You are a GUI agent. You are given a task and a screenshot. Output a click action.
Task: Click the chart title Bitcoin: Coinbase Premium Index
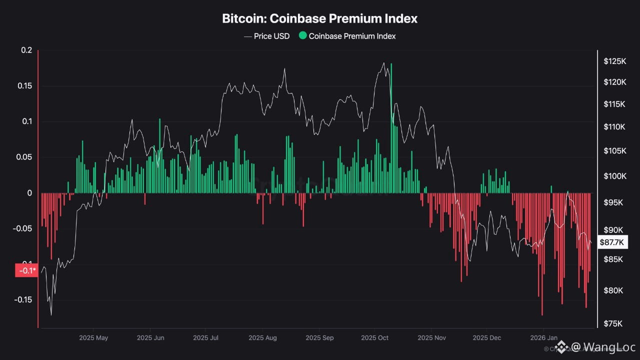coord(319,19)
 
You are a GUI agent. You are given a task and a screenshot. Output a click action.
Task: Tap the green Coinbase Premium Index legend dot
coord(302,36)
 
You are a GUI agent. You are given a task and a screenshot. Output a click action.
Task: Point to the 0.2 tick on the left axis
coord(26,50)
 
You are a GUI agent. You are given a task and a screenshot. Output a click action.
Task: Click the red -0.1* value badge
coord(26,270)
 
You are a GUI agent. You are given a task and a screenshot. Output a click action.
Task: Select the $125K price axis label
coord(614,61)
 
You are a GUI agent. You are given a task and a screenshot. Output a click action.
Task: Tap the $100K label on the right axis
coord(614,176)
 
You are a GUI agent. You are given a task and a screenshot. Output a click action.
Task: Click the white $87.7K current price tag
coord(612,242)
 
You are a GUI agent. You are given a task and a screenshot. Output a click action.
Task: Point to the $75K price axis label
coord(613,324)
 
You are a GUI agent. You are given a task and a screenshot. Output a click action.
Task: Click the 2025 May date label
coord(93,338)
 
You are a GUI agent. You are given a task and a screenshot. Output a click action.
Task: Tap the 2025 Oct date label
coord(374,338)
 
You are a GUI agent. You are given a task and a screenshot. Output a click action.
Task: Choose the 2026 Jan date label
coord(543,338)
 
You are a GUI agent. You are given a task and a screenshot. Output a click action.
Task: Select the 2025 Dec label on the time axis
coord(487,338)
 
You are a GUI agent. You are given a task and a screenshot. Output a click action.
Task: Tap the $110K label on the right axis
coord(614,127)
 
